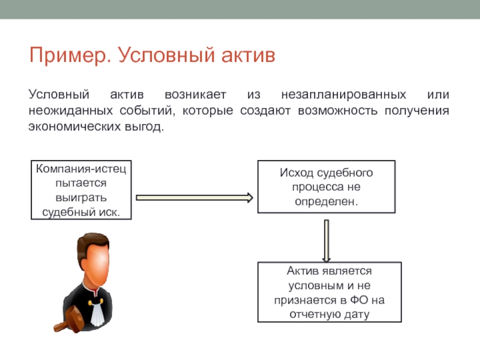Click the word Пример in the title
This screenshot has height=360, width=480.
(x=70, y=56)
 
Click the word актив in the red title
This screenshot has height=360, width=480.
(x=248, y=55)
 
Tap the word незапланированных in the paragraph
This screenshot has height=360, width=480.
(x=343, y=94)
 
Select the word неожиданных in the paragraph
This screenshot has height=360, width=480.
(x=71, y=110)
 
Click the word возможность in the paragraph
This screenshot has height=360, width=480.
(x=338, y=110)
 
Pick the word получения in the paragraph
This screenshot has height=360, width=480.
(x=416, y=111)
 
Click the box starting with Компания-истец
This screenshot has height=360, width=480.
(x=81, y=190)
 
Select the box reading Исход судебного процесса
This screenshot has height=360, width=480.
(x=326, y=187)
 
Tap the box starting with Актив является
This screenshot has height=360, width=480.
(x=329, y=292)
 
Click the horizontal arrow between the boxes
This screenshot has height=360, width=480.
(x=194, y=198)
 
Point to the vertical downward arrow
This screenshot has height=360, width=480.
(x=326, y=241)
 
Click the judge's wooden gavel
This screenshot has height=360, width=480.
(x=70, y=319)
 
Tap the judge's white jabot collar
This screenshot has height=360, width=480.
(x=97, y=312)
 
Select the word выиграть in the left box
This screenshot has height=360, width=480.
(x=81, y=198)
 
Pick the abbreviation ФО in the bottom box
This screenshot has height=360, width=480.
(x=359, y=299)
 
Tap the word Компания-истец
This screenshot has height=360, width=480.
(x=81, y=169)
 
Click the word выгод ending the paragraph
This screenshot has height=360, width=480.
(x=144, y=127)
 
